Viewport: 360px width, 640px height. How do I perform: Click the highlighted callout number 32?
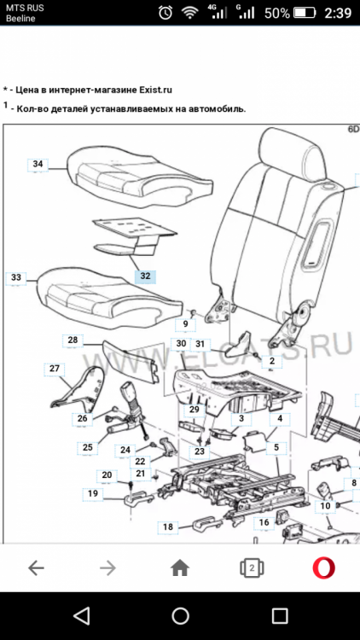[x=145, y=276]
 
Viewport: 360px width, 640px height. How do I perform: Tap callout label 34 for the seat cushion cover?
[x=38, y=164]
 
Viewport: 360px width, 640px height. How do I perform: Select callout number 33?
[x=16, y=277]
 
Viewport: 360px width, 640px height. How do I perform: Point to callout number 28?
[x=73, y=340]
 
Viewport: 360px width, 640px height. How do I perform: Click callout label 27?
[x=55, y=369]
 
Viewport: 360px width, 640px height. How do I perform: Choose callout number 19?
[x=93, y=493]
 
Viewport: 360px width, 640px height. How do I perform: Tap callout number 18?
[x=168, y=527]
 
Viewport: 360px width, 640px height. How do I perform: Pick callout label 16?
[x=264, y=522]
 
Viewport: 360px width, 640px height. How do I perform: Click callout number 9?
[x=186, y=325]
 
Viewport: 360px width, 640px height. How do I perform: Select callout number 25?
[x=88, y=447]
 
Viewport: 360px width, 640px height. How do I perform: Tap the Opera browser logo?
[x=323, y=567]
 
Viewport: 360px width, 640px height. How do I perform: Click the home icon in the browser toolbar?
[x=180, y=567]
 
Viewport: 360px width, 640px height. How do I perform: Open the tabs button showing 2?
[x=252, y=567]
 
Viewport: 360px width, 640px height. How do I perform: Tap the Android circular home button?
[x=180, y=616]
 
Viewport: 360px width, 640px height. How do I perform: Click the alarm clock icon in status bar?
[x=165, y=13]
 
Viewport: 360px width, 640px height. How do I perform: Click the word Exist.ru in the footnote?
[x=155, y=90]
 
